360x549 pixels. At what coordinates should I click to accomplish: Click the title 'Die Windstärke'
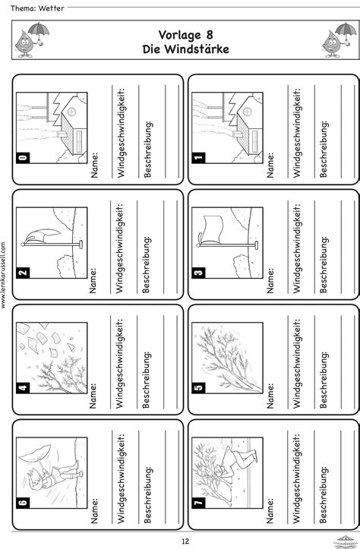tap(185, 49)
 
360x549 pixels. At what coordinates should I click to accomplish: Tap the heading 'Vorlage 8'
tap(185, 35)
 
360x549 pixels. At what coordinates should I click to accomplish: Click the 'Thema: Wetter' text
tap(37, 8)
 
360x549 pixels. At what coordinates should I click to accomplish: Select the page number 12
tap(185, 541)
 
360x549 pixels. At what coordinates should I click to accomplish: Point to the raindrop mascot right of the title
tap(339, 40)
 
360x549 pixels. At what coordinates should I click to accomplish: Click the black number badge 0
tap(23, 157)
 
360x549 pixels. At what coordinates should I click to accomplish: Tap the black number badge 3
tap(198, 273)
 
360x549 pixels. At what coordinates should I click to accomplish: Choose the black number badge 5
tap(198, 387)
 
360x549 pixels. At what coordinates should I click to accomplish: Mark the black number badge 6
tap(23, 503)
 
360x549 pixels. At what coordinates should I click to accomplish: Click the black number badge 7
tap(198, 503)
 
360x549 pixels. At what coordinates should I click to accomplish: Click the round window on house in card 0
tap(72, 112)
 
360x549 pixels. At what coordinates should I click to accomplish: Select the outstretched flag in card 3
tap(213, 229)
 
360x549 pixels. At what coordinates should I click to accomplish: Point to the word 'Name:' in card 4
tap(93, 396)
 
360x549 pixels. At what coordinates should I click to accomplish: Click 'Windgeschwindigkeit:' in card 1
tap(297, 132)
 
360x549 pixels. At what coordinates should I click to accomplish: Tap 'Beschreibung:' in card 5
tap(324, 380)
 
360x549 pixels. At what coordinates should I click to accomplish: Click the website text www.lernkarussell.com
tap(4, 275)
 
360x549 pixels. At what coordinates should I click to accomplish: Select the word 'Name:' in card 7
tap(270, 511)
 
